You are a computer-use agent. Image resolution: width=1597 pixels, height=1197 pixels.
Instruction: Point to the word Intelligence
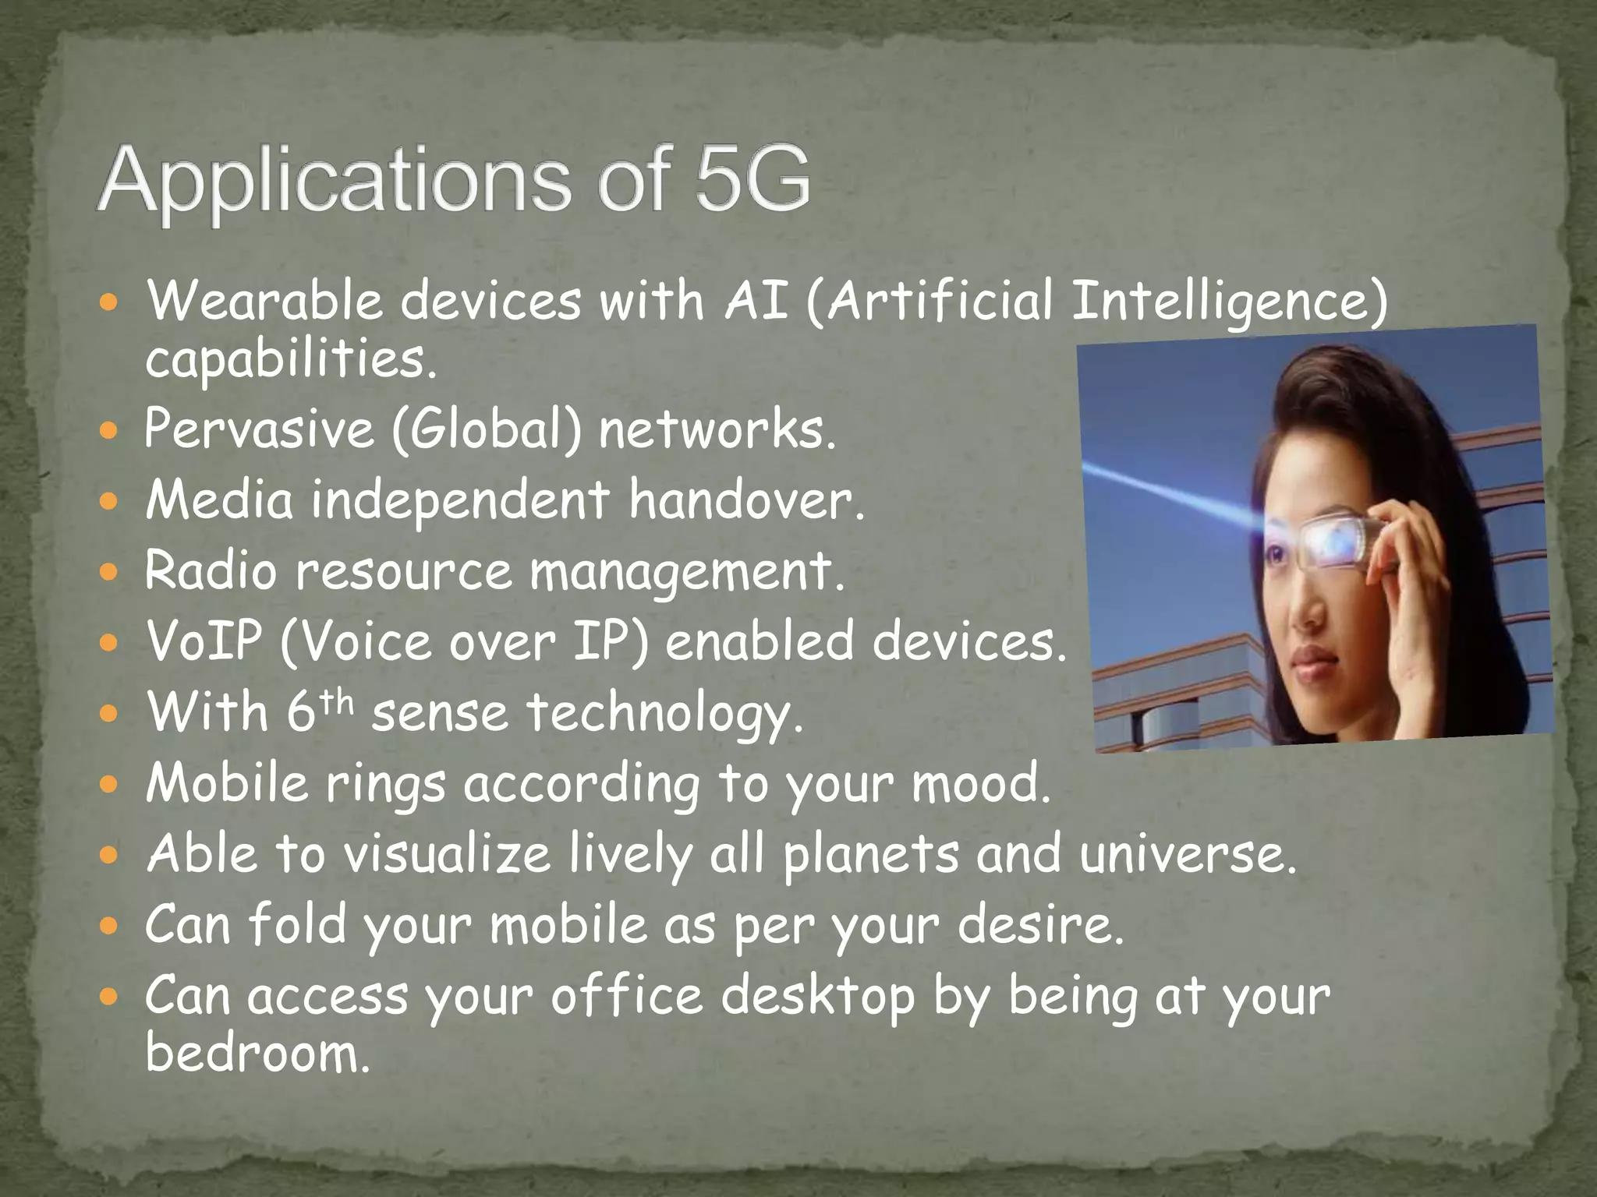click(x=1229, y=302)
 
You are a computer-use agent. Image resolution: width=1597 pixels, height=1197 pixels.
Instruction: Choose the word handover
click(x=747, y=500)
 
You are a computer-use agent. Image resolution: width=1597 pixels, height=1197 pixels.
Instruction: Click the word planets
click(x=870, y=855)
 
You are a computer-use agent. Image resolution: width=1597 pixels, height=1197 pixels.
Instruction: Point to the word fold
click(x=297, y=925)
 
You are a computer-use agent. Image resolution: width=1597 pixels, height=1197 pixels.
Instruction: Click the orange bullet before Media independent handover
click(x=109, y=501)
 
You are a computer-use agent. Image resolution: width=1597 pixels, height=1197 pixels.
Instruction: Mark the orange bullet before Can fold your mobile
click(x=109, y=926)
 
